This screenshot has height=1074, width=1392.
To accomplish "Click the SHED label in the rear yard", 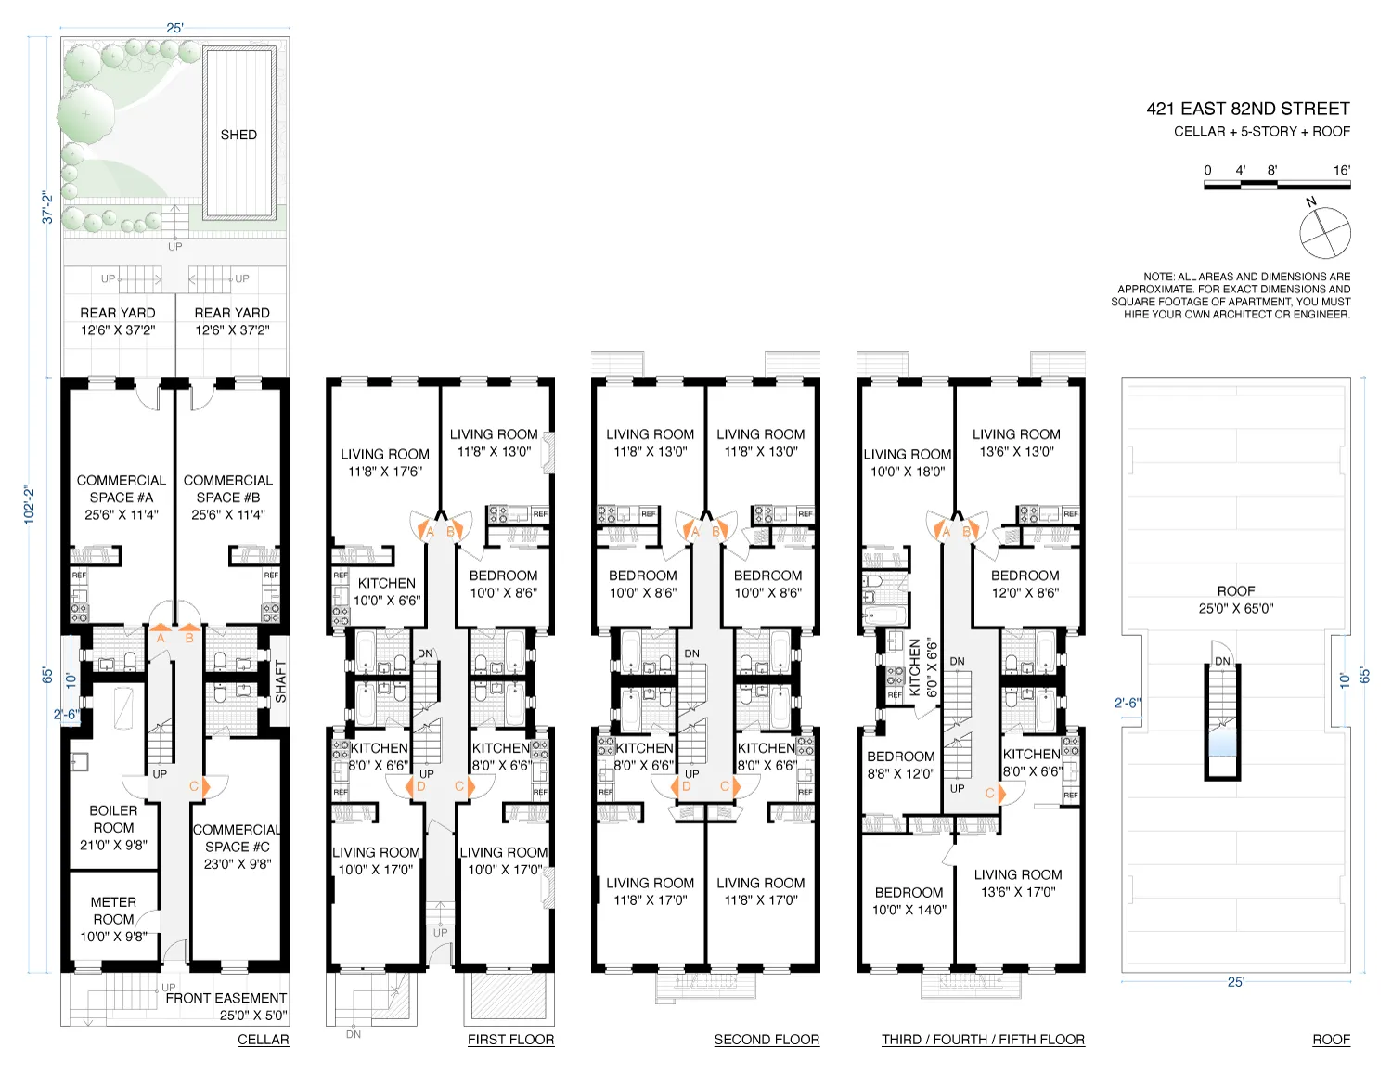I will pos(238,135).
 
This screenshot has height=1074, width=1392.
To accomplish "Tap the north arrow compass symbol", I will pos(1324,232).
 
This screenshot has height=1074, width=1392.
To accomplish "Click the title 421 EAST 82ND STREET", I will pos(1247,109).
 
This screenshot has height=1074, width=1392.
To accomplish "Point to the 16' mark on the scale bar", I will pos(1341,170).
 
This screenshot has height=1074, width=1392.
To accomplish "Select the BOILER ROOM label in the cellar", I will pos(113,827).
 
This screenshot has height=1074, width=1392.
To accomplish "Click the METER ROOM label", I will pos(113,919).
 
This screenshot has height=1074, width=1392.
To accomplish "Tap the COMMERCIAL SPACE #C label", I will pos(238,847).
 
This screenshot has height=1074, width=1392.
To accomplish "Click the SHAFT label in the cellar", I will pos(280,680).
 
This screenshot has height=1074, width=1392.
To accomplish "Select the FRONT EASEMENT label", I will pos(226,1006).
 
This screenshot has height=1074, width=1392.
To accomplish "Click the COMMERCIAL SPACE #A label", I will pos(121,497).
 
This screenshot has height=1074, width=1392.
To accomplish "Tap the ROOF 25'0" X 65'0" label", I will pos(1235,600).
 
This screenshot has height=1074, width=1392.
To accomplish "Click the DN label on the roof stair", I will pos(1222,661).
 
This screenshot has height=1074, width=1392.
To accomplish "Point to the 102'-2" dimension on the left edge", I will pos(30,505).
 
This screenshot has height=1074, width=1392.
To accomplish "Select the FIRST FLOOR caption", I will pos(510,1040).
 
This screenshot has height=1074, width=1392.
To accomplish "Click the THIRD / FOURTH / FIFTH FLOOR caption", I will pos(983,1040).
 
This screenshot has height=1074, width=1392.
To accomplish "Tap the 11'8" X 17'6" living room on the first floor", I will pos(384,462).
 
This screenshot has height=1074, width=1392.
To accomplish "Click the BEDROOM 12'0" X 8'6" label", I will pos(1025,584).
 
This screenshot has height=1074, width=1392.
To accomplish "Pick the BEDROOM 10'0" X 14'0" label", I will pos(909,900).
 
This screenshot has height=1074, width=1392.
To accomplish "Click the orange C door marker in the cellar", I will pos(195,786).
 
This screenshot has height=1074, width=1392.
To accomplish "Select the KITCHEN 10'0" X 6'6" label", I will pos(386,591).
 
